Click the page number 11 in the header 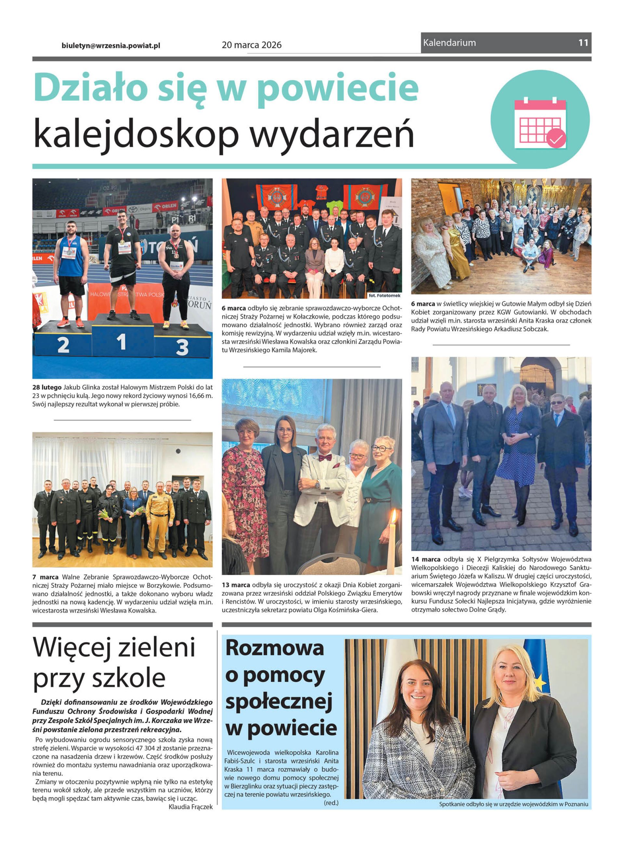(583, 43)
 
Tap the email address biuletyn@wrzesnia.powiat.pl (111, 45)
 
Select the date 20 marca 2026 (252, 45)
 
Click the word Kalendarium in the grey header (449, 43)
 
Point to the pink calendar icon (540, 123)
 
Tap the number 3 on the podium (182, 347)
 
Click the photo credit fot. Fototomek (384, 295)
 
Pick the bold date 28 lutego (47, 387)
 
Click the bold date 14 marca (426, 559)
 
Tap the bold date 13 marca (236, 585)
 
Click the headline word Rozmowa (275, 648)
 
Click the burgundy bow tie (325, 458)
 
